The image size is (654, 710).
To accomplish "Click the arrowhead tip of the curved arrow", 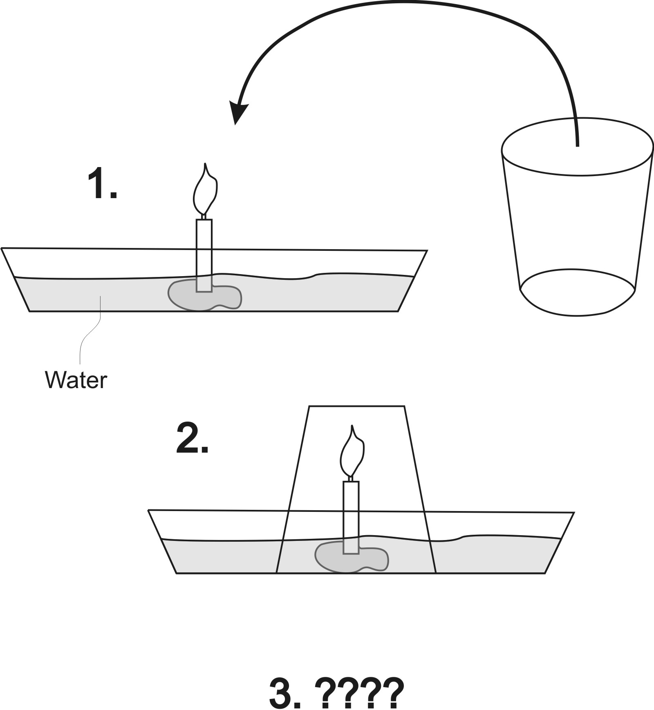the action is tap(235, 125).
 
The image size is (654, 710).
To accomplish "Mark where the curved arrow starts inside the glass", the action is tap(577, 146).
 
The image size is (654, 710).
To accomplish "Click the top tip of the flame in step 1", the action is tap(206, 163).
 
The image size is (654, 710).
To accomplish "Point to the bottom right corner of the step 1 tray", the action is tap(398, 311).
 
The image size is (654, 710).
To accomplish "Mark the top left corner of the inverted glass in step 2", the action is tap(309, 406).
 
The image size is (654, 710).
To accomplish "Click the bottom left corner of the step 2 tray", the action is tap(177, 573).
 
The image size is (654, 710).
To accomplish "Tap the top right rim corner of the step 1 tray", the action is tap(427, 250).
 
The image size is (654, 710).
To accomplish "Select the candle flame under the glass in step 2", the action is tap(352, 451).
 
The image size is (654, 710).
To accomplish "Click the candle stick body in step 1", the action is tap(204, 256).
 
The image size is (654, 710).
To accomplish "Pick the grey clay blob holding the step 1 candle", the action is tap(205, 295).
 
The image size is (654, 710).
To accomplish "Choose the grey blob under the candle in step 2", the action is tap(352, 557).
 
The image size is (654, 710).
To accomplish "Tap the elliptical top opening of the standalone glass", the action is tap(577, 147).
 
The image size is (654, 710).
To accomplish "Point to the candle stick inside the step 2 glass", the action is tap(351, 518).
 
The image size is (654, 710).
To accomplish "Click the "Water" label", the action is tap(76, 380).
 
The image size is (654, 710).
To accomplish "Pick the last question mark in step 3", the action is tap(392, 693).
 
